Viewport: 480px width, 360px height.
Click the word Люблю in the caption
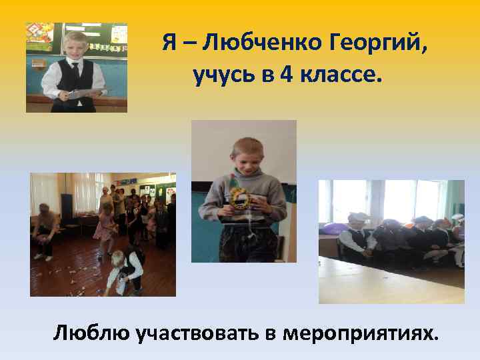[x=91, y=331]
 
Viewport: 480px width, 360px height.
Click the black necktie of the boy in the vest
[x=75, y=69]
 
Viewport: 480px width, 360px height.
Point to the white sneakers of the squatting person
[x=43, y=256]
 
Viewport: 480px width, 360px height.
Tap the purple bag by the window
[x=331, y=229]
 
